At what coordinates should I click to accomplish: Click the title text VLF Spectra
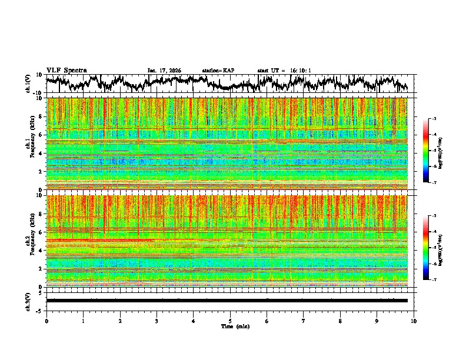[66, 70]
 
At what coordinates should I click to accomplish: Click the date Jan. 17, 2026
[164, 71]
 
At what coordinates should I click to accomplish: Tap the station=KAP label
[218, 71]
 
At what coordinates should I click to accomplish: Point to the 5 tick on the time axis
[230, 321]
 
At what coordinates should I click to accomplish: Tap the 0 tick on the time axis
[46, 321]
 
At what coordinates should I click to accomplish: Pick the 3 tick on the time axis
[157, 321]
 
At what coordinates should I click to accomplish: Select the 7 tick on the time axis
[304, 321]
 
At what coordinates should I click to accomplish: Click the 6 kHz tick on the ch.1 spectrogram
[41, 135]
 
